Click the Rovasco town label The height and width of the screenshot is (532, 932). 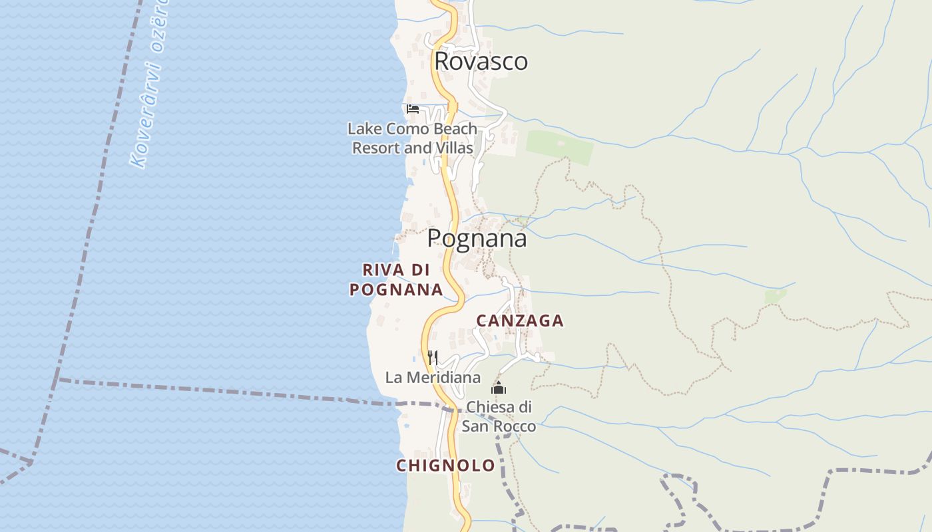point(481,61)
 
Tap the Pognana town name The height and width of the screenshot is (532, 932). point(477,238)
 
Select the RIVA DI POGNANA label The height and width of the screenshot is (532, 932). point(397,279)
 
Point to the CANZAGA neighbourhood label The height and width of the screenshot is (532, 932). point(520,321)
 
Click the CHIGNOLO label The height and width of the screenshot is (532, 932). point(445,465)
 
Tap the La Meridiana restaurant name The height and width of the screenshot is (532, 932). point(433,378)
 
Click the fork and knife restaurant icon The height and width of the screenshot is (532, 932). point(433,358)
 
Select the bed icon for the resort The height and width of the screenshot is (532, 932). point(413,108)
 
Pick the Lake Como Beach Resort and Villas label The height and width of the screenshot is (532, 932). point(413,138)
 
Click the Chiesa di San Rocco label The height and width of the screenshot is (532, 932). point(499,416)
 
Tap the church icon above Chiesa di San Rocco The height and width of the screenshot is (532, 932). point(499,388)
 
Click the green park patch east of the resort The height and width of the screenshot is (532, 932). point(559,147)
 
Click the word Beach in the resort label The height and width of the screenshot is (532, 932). point(455,129)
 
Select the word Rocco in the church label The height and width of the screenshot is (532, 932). point(514,426)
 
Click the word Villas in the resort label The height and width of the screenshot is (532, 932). point(454,148)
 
